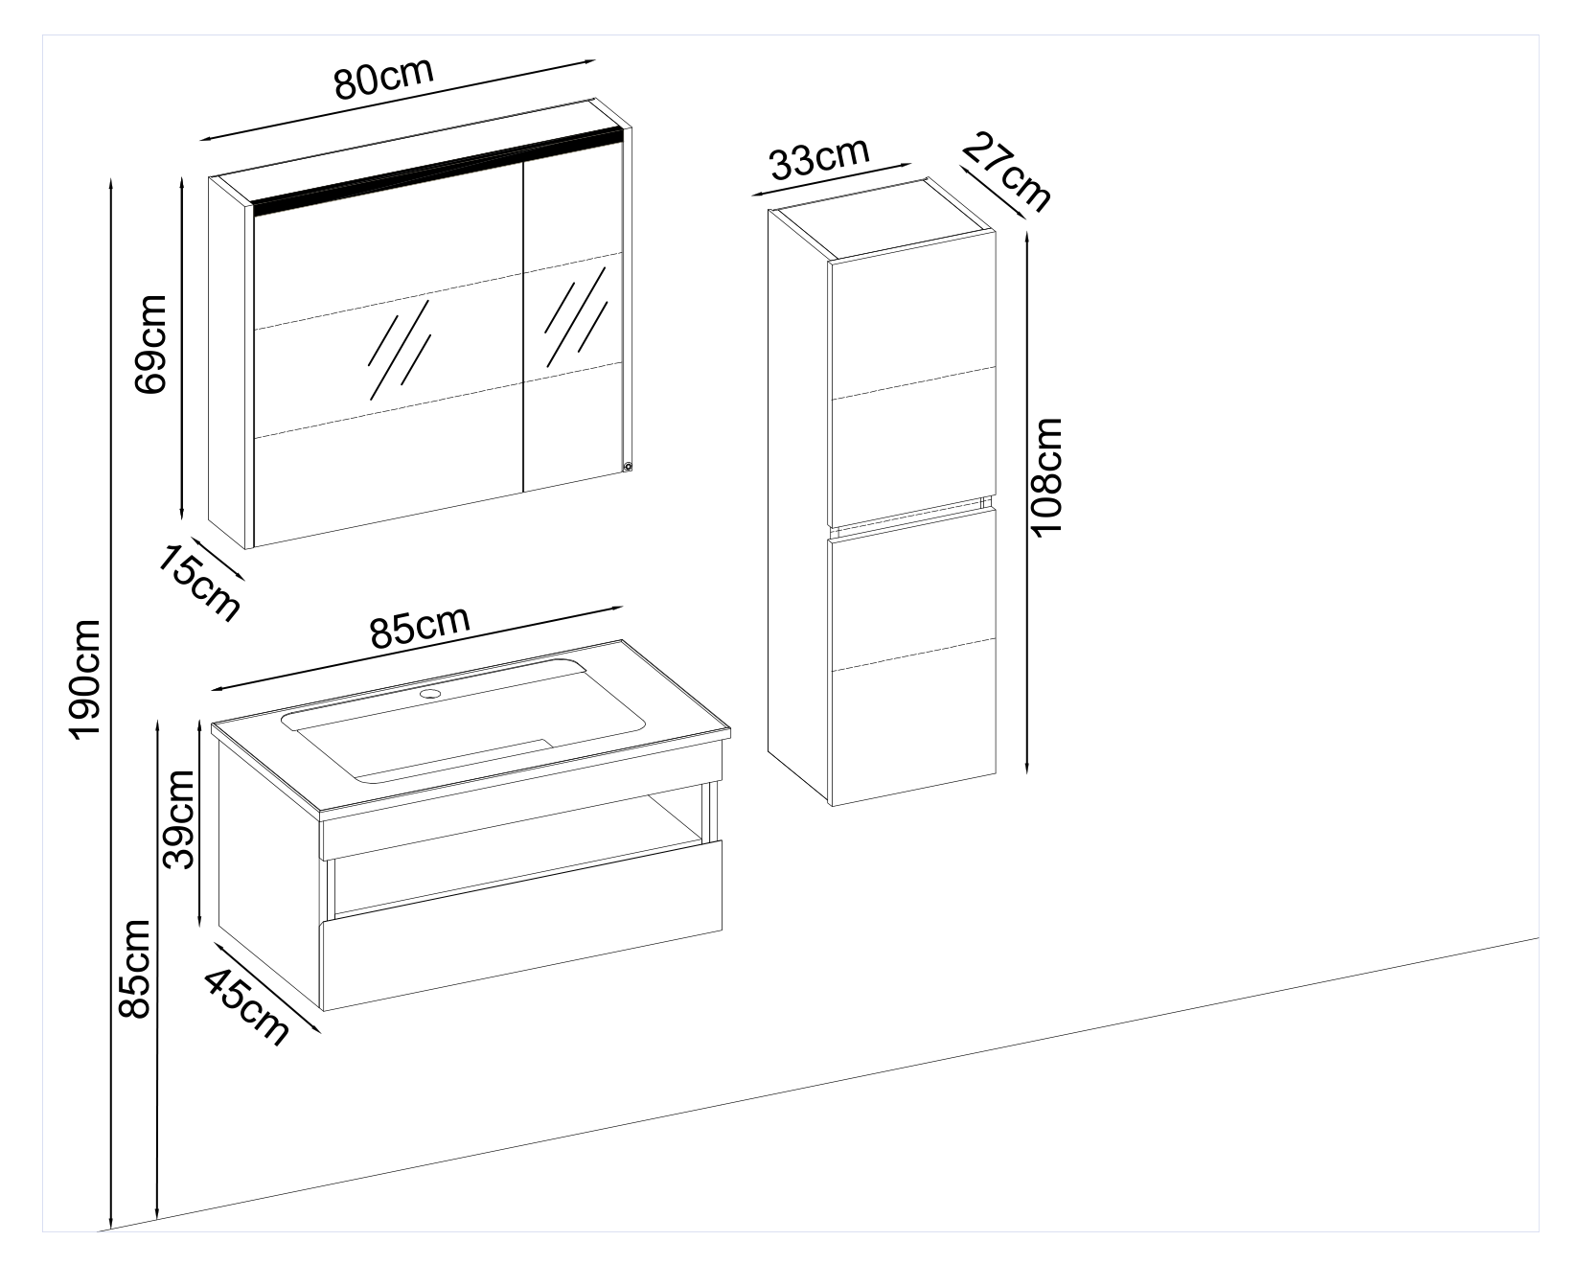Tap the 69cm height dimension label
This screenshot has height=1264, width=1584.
[151, 343]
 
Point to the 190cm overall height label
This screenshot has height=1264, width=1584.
[84, 678]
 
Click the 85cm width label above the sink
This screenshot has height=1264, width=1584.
[420, 628]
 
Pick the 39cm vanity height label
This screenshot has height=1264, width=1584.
[178, 818]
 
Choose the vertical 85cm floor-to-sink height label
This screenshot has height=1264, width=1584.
[132, 970]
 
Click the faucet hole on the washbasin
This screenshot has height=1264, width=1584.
[430, 692]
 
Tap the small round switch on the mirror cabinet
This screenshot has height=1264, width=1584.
[628, 468]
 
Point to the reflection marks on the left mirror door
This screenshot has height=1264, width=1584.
[400, 350]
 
